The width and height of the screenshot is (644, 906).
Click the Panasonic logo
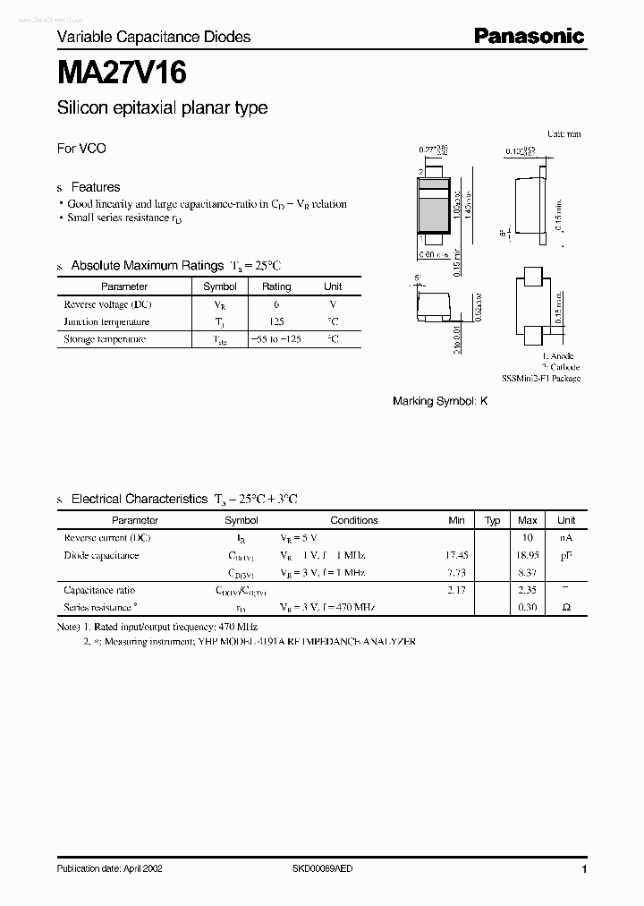click(x=528, y=36)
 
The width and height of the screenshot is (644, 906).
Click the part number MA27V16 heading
click(x=122, y=71)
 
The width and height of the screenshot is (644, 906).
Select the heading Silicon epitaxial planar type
click(x=162, y=108)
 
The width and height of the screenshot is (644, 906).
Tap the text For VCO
click(x=81, y=149)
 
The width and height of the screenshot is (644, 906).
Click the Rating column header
click(x=275, y=286)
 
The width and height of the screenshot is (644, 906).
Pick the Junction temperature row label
click(x=106, y=321)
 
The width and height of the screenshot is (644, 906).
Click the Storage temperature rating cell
click(x=275, y=339)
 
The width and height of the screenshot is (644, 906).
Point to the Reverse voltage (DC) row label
click(x=107, y=304)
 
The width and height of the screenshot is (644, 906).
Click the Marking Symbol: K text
click(x=440, y=402)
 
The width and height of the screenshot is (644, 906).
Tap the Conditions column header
click(x=354, y=520)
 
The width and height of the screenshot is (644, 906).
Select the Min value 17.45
click(x=456, y=555)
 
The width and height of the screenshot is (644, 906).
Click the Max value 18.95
click(x=527, y=555)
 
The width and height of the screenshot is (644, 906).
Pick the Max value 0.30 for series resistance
click(x=527, y=608)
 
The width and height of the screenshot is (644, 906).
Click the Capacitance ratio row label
click(x=99, y=591)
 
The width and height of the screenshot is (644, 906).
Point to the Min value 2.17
click(x=456, y=591)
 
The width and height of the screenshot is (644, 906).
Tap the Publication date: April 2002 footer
click(x=109, y=868)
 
